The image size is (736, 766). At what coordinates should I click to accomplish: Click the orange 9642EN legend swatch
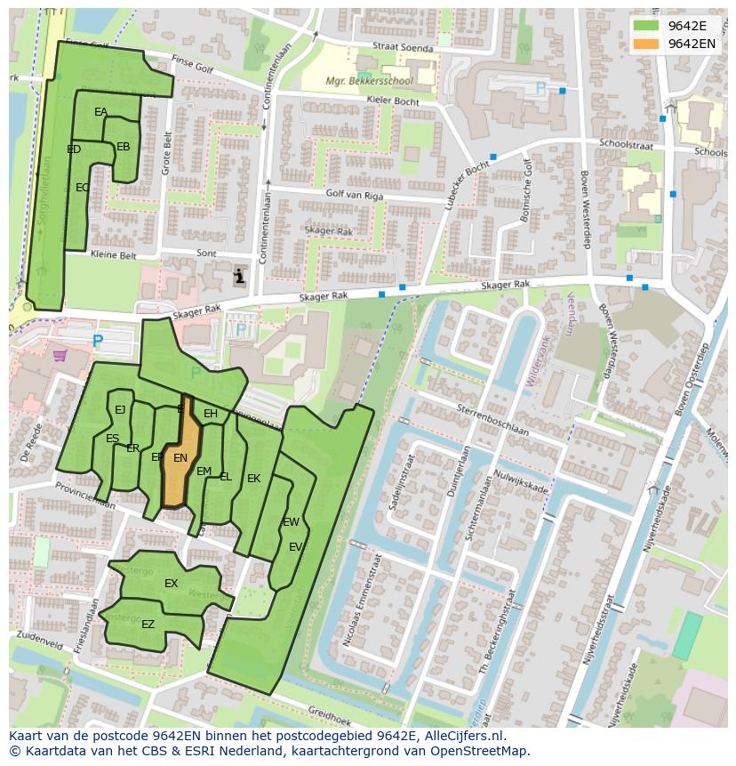coord(646,44)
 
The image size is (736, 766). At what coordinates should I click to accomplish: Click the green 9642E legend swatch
coord(646,26)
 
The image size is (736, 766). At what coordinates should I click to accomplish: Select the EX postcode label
coord(171,584)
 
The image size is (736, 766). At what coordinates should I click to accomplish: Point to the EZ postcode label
coord(148,625)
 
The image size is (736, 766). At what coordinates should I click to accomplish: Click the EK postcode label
coord(253,479)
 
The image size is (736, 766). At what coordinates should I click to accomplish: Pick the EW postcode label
coord(291,522)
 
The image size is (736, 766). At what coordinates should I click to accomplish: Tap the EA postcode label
coord(100,112)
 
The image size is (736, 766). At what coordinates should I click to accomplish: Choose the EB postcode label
coord(123,147)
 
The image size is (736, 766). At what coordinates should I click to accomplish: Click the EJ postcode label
coord(120,410)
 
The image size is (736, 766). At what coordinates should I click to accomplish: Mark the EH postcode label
coord(211,414)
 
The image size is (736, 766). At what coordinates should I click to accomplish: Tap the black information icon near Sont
coord(239,276)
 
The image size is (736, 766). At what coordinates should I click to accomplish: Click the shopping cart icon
coord(60,355)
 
